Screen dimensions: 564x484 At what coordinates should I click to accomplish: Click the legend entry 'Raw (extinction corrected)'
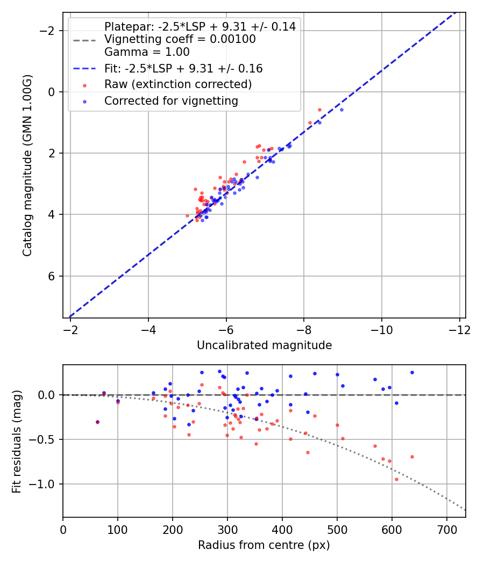178,84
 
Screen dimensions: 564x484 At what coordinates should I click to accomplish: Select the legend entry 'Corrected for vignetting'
171,100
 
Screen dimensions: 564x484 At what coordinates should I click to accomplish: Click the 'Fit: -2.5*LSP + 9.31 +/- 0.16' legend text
183,69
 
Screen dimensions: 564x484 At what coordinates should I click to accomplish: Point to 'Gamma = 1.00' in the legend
147,52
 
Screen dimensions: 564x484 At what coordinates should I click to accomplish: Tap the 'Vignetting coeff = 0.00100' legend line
180,39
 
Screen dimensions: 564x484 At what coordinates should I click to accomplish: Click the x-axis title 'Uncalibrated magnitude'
264,345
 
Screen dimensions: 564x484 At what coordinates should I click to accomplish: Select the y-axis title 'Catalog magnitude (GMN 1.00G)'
27,165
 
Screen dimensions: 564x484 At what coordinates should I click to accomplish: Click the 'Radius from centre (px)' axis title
264,545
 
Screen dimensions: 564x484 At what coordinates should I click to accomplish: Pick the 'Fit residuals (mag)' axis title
17,441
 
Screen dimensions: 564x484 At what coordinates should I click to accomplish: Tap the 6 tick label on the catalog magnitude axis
52,276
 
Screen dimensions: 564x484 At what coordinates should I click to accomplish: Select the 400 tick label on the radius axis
282,530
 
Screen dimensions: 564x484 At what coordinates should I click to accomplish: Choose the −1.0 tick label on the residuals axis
45,484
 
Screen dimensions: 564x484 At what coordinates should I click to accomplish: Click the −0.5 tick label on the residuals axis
45,439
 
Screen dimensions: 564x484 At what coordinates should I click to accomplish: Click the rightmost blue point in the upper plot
341,110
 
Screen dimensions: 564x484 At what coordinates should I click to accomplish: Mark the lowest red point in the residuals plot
396,479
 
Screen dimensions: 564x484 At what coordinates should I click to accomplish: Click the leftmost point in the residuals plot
97,422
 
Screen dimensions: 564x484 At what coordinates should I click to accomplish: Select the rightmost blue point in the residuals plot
412,372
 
